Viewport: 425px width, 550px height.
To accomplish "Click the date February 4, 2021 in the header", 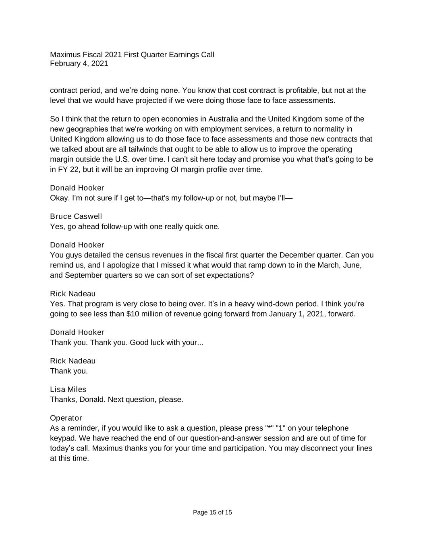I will (79, 64).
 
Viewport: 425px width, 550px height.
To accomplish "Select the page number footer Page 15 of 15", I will (212, 513).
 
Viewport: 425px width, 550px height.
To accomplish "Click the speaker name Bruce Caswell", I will (76, 216).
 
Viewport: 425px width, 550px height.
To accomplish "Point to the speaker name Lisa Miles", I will (68, 389).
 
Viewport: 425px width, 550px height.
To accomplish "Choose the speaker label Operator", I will (66, 418).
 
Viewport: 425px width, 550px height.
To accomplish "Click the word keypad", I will (62, 438).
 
